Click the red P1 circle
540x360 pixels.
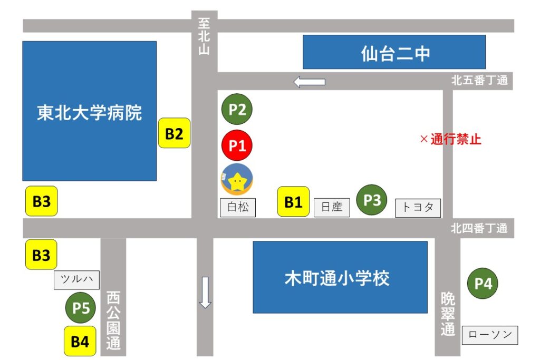tap(237, 145)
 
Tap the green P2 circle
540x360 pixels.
tap(237, 110)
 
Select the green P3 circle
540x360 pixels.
tap(372, 200)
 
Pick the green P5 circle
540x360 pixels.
tap(81, 308)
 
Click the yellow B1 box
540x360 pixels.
tap(293, 201)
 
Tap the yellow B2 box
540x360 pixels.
tap(174, 133)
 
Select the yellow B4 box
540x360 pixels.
tap(80, 342)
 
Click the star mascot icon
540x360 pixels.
tap(237, 179)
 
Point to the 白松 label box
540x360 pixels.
tap(237, 207)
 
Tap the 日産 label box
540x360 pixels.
tap(332, 207)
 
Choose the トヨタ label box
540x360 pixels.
tap(418, 207)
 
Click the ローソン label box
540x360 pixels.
tap(490, 335)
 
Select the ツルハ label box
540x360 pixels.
tap(76, 280)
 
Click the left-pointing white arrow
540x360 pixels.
tap(310, 82)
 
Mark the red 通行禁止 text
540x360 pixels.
tap(450, 140)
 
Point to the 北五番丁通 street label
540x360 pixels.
tap(479, 81)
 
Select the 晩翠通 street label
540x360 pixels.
tap(448, 315)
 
